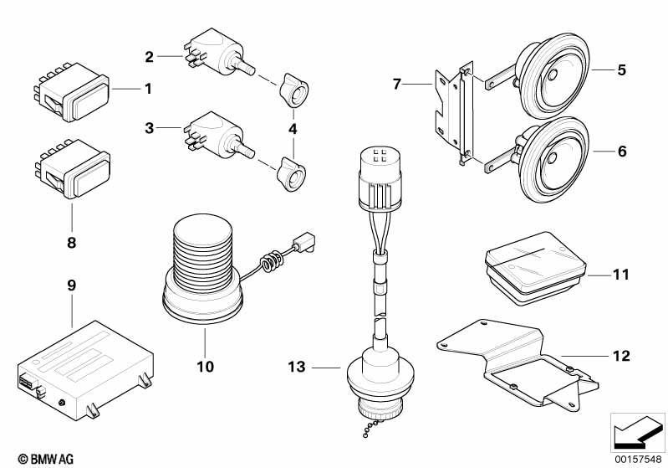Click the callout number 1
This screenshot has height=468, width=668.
coord(148,90)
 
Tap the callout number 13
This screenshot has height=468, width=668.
coord(297,367)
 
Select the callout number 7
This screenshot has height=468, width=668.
coord(397,85)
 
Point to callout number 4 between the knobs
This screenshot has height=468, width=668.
coord(293,129)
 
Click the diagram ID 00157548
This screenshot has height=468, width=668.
coord(638,460)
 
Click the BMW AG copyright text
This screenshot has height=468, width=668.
coord(46,459)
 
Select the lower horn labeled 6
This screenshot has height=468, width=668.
coord(550,159)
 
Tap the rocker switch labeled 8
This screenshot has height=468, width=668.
coord(72,169)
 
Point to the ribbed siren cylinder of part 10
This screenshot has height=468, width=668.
coord(203,254)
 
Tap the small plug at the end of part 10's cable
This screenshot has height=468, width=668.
coord(303,241)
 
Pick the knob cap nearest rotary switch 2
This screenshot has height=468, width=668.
coord(293,90)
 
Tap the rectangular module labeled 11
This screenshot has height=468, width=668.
coord(537,268)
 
